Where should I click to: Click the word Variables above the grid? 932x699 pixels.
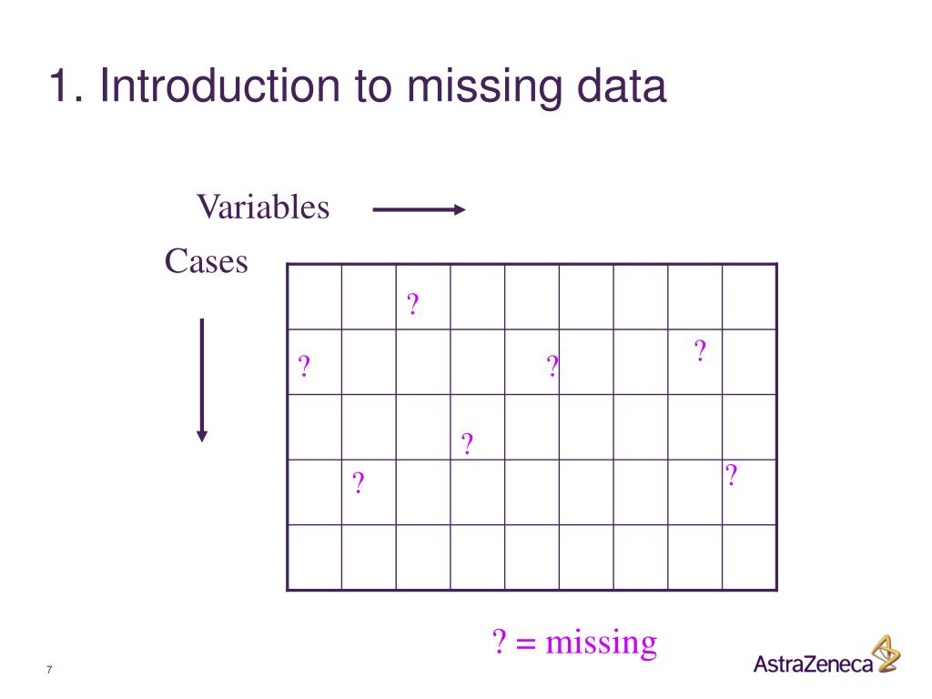click(263, 208)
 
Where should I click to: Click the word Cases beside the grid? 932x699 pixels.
click(206, 262)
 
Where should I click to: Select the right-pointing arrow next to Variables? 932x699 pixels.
click(419, 210)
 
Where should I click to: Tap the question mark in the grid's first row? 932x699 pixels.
click(413, 304)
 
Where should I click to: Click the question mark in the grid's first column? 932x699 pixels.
click(305, 368)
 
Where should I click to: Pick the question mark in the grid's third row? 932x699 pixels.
click(467, 445)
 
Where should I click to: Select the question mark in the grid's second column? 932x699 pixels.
click(359, 482)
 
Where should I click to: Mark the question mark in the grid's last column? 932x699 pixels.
click(731, 475)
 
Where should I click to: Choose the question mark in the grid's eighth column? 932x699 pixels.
click(700, 351)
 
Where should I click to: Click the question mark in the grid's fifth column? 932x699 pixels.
click(552, 368)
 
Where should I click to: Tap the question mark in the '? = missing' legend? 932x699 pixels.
click(499, 643)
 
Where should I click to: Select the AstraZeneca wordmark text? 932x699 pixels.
click(813, 664)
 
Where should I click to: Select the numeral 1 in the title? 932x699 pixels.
click(60, 87)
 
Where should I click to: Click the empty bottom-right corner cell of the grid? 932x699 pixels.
click(749, 557)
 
